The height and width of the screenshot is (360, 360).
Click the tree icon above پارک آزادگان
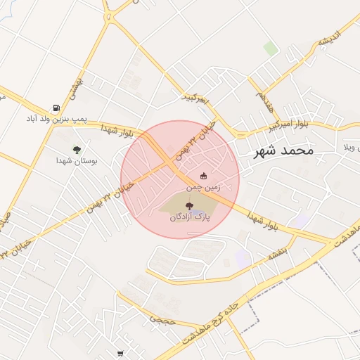191,205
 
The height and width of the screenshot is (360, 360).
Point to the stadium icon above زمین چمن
204,176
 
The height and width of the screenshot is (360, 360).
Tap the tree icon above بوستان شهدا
77,149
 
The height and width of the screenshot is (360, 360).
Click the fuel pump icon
56,108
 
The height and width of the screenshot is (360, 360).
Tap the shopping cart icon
120,353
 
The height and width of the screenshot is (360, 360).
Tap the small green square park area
270,49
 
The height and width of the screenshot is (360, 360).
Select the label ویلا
350,148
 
